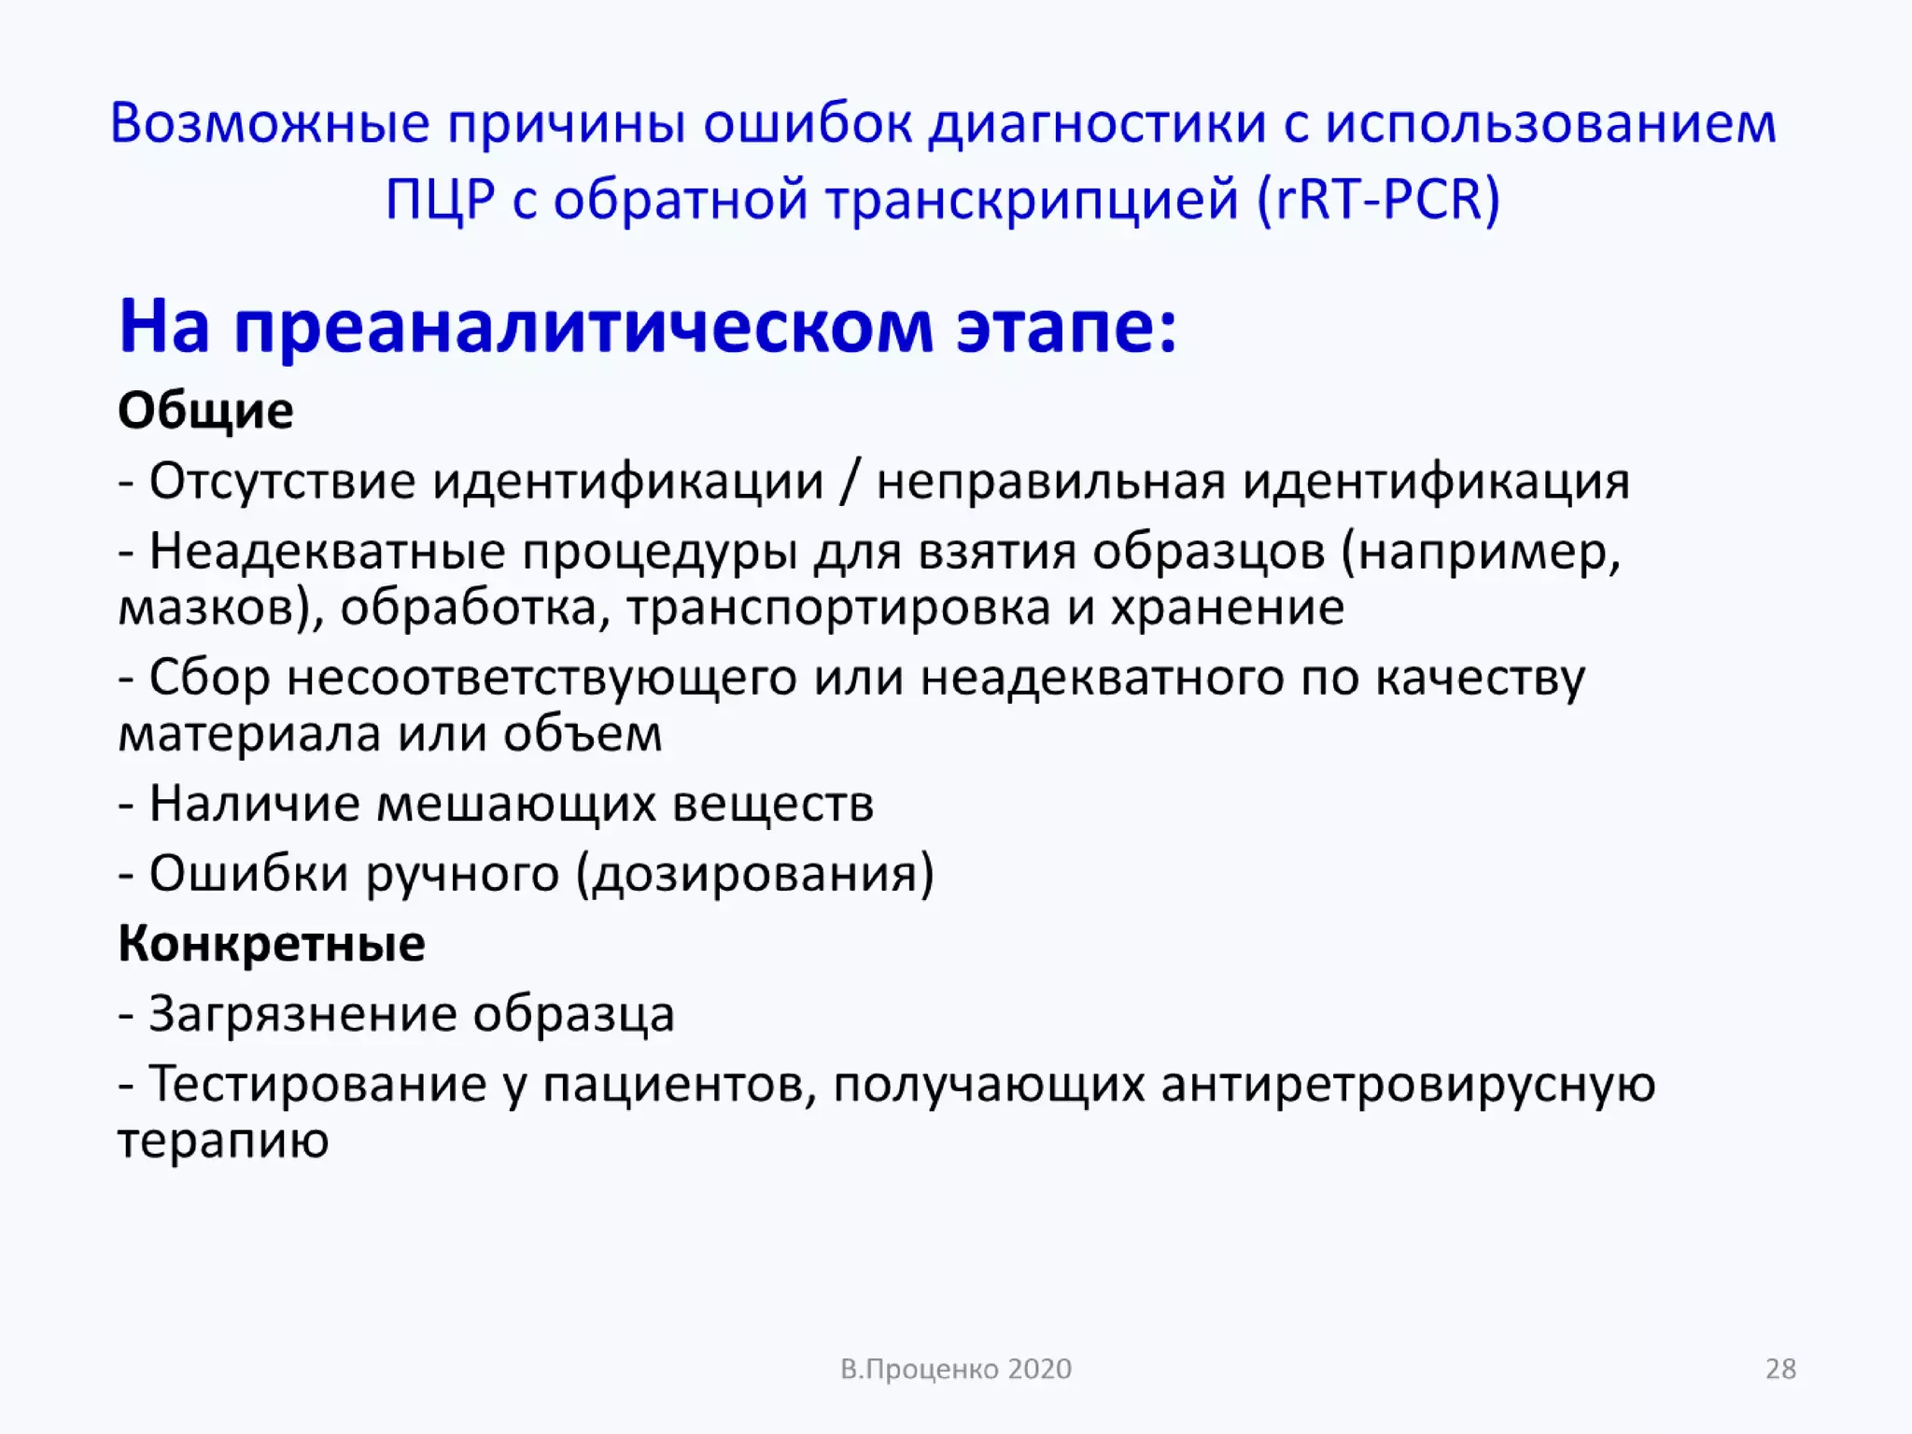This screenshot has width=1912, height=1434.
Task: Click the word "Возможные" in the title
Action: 270,123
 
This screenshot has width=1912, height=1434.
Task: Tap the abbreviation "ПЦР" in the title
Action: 440,199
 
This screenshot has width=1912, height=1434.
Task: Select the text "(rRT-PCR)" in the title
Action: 1379,199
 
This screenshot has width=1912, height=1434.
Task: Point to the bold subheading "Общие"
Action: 205,411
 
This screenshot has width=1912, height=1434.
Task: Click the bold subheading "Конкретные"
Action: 272,943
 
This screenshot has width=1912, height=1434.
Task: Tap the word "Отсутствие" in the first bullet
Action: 282,482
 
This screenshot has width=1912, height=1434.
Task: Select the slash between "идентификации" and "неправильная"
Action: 849,482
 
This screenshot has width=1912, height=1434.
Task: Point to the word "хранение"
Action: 1227,608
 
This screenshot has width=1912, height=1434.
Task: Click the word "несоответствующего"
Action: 541,678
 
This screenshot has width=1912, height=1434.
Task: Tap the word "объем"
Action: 583,734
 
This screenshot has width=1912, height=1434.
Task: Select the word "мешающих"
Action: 515,804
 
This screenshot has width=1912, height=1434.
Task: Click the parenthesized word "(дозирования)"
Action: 754,874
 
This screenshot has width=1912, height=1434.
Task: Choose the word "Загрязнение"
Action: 302,1014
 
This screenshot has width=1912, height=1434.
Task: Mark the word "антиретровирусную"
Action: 1408,1084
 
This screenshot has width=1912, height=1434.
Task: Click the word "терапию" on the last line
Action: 223,1140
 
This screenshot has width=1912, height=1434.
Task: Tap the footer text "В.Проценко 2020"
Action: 956,1369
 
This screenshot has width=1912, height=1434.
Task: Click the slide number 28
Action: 1780,1369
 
